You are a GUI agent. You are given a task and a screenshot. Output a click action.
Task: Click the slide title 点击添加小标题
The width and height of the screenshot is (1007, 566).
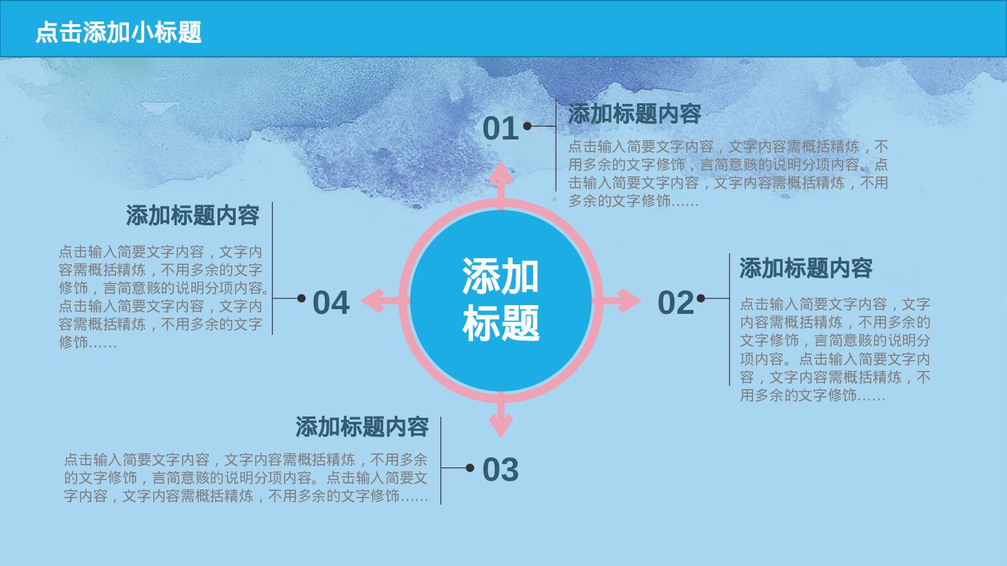click(x=118, y=32)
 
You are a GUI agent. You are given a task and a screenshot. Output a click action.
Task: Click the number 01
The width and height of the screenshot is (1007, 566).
click(x=501, y=129)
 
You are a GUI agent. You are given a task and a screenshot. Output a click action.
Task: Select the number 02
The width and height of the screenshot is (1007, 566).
click(x=676, y=303)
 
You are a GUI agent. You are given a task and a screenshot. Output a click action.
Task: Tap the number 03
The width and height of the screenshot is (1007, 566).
click(x=501, y=470)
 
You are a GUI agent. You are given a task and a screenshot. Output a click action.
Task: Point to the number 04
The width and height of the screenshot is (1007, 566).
click(x=331, y=303)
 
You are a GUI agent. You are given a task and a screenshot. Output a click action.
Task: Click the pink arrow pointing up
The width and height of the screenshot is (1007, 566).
click(x=501, y=178)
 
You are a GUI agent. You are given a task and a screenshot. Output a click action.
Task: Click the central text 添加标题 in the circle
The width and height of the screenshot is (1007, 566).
click(x=501, y=300)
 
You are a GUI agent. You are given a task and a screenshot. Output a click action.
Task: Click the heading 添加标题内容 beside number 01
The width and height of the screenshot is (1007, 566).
click(x=634, y=114)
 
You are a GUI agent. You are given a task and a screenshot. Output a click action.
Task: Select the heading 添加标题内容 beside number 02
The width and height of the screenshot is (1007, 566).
click(x=806, y=268)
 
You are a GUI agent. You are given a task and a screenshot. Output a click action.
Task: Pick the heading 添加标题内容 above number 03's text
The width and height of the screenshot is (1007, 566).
click(x=362, y=427)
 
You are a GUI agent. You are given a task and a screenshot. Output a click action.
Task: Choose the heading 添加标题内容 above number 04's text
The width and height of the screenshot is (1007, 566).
click(x=193, y=216)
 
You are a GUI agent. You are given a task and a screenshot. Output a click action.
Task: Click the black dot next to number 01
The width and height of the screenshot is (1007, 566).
click(x=528, y=126)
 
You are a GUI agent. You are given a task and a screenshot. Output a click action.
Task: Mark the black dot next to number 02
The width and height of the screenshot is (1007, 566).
click(x=701, y=298)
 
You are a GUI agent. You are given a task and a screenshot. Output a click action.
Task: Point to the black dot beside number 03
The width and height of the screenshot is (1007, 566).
click(x=470, y=468)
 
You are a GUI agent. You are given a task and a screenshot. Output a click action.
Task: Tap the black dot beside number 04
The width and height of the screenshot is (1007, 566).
click(x=301, y=298)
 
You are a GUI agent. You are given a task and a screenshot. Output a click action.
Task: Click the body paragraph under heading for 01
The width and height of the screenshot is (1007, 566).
click(x=728, y=174)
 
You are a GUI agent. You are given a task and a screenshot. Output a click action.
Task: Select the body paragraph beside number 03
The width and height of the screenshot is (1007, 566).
click(x=246, y=478)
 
